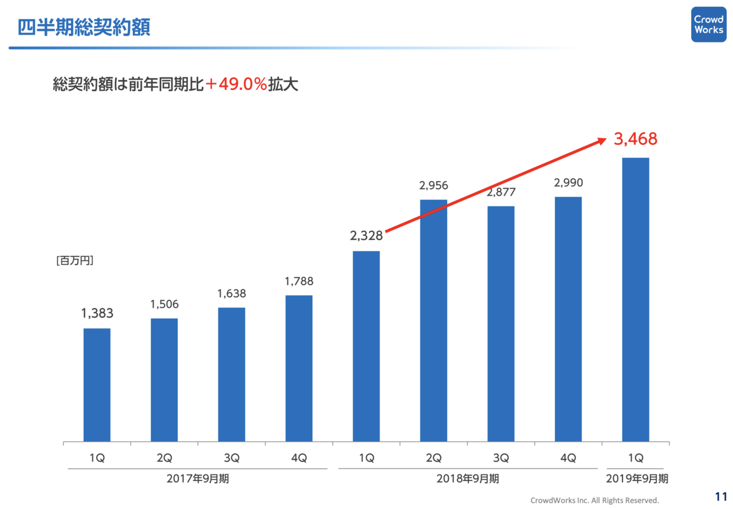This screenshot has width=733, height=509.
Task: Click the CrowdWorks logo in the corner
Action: coord(708,24)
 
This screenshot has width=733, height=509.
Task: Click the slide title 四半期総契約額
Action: coord(84,28)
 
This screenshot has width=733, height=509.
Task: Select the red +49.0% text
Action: coord(236,85)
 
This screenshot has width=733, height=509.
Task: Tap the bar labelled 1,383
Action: coord(97,385)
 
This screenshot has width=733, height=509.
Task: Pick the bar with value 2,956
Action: coord(434,320)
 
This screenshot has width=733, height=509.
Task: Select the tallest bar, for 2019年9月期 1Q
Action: coord(636,299)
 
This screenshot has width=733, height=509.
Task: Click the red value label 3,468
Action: coord(635,139)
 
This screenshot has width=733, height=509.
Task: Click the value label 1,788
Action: coord(299,281)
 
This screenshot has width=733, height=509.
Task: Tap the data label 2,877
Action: coord(501,192)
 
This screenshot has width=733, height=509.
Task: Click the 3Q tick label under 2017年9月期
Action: coord(231,459)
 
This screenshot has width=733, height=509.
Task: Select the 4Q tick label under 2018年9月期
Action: coord(568,459)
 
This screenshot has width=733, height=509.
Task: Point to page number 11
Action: coord(720,496)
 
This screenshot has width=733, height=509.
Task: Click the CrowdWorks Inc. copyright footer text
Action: coord(594,500)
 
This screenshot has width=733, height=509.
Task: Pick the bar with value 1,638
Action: coord(231,374)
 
